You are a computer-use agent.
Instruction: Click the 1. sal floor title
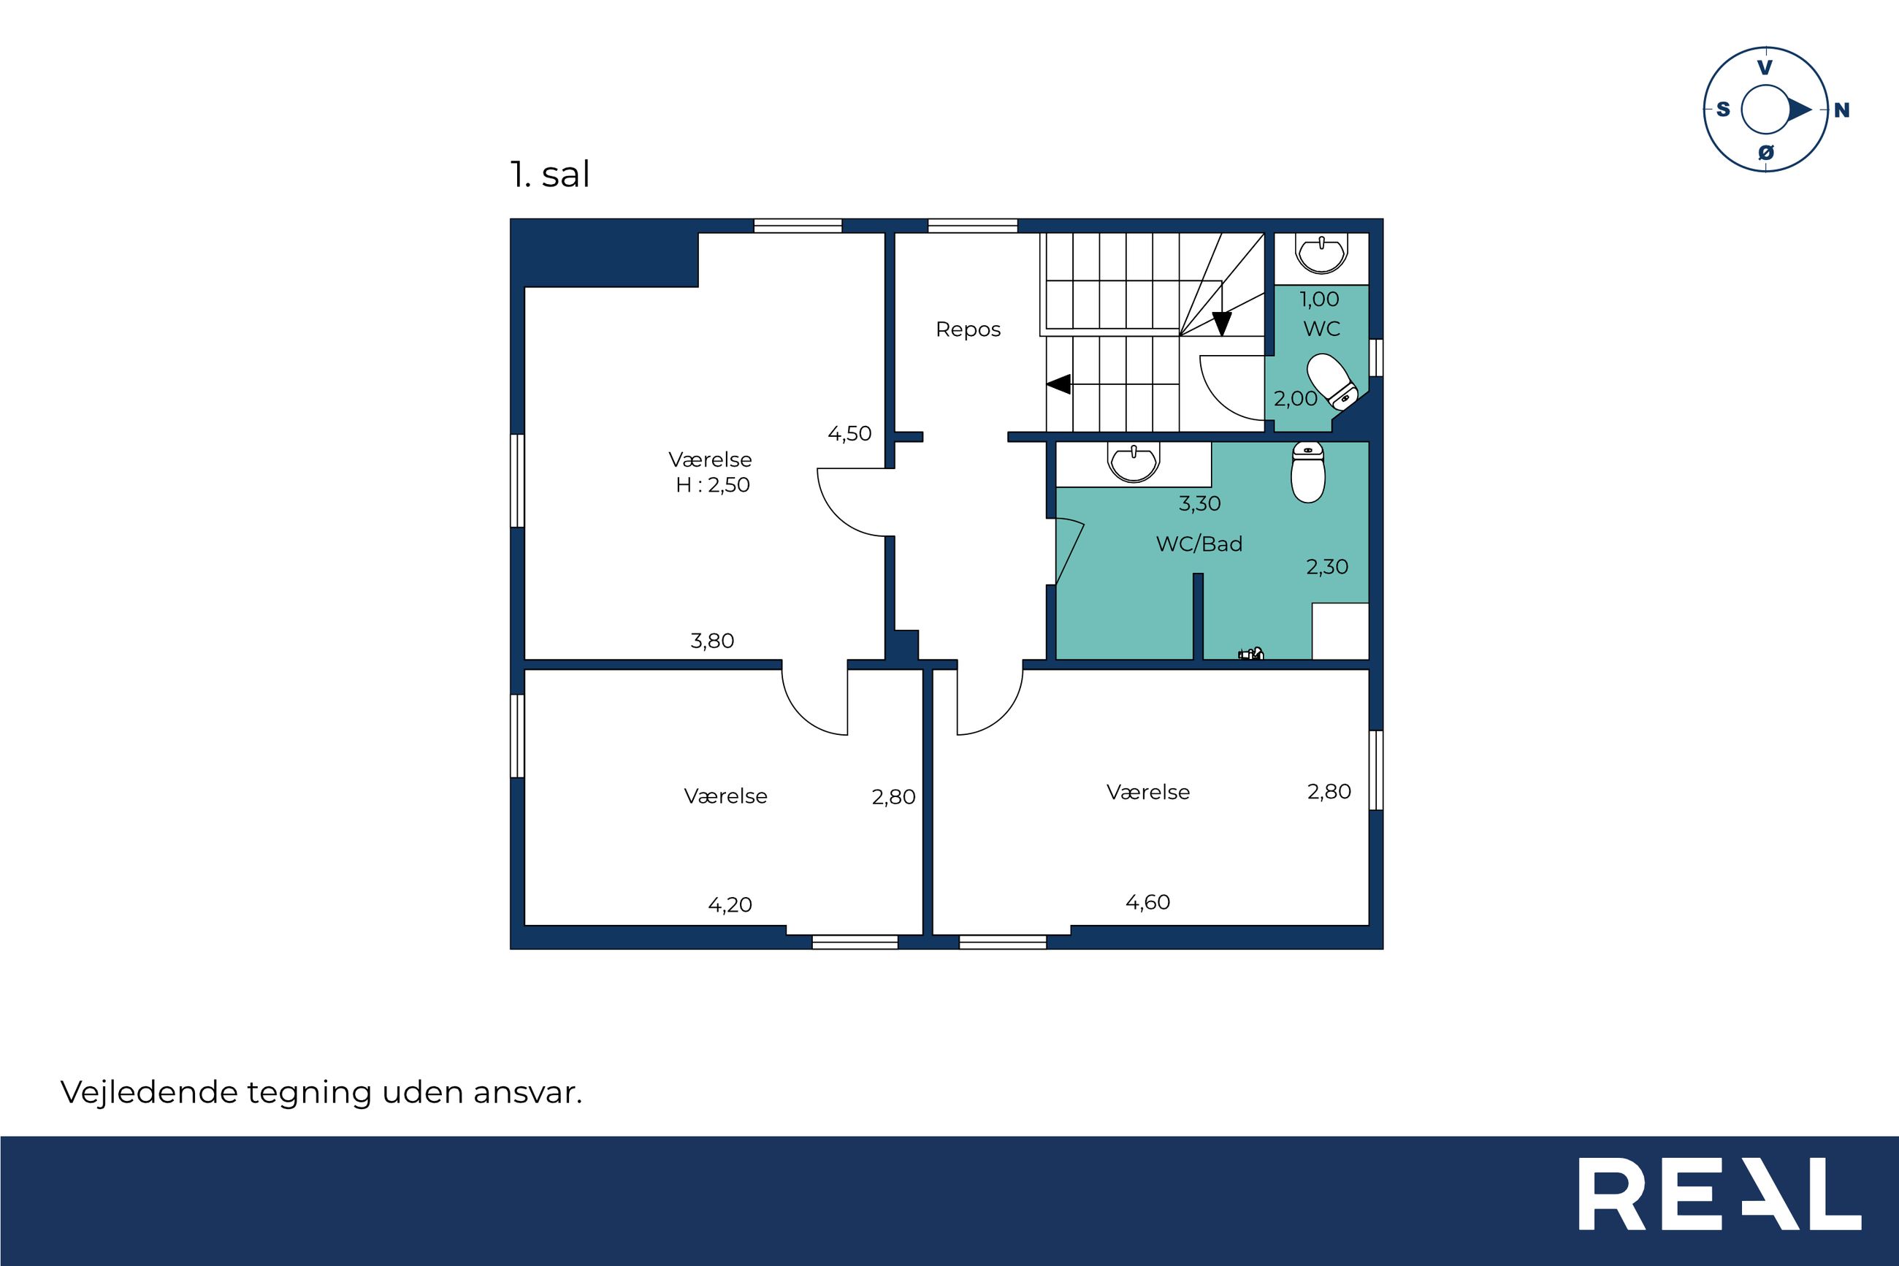click(549, 175)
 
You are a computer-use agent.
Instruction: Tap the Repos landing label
click(968, 329)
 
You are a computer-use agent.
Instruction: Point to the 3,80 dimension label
click(713, 641)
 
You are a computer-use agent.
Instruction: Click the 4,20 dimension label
click(730, 905)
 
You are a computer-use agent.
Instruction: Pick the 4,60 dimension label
click(1147, 902)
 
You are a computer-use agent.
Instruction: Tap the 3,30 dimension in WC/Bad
click(1200, 504)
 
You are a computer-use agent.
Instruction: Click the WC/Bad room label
click(1199, 544)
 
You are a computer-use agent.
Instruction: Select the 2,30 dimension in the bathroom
click(1328, 567)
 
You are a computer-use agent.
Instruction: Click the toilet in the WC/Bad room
click(1307, 473)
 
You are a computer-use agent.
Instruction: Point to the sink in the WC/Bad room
click(1134, 462)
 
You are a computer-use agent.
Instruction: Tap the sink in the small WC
click(1321, 253)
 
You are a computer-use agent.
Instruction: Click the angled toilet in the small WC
click(1331, 382)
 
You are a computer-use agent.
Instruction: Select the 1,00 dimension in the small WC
click(1320, 300)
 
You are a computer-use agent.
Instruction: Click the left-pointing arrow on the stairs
click(1058, 384)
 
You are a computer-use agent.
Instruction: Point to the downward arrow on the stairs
click(1222, 324)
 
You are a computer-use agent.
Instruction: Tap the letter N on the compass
click(1842, 110)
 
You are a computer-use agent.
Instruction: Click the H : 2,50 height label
click(713, 485)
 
